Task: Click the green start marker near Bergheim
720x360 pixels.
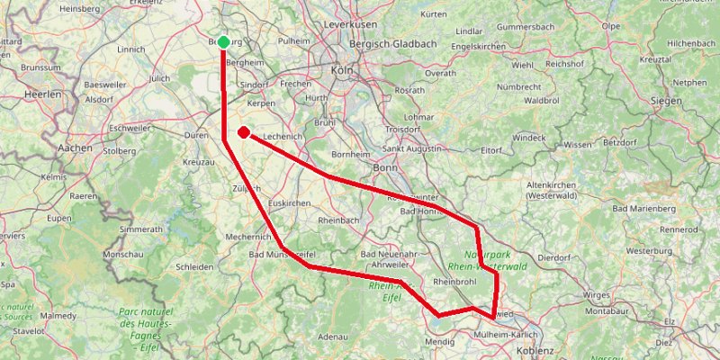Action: pyautogui.click(x=223, y=41)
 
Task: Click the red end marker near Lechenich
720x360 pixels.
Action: pyautogui.click(x=243, y=133)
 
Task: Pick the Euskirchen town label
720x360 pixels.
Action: pyautogui.click(x=289, y=203)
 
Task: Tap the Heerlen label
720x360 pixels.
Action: pyautogui.click(x=42, y=94)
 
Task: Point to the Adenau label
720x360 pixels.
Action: pyautogui.click(x=333, y=337)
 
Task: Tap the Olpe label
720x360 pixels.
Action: pyautogui.click(x=611, y=26)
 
